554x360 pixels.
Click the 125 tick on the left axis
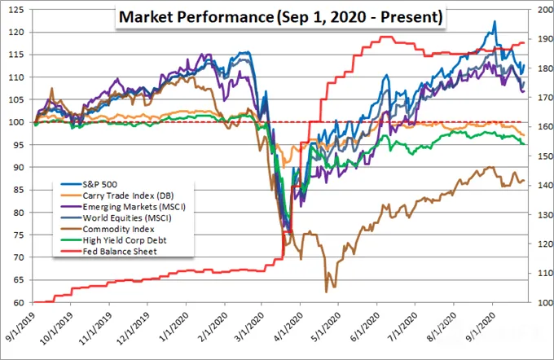16,10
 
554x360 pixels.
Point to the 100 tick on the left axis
16,122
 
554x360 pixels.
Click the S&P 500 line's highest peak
495,21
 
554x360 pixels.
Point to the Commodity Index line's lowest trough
326,292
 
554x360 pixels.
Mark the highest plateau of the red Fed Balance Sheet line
385,37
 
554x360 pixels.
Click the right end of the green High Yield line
524,144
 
